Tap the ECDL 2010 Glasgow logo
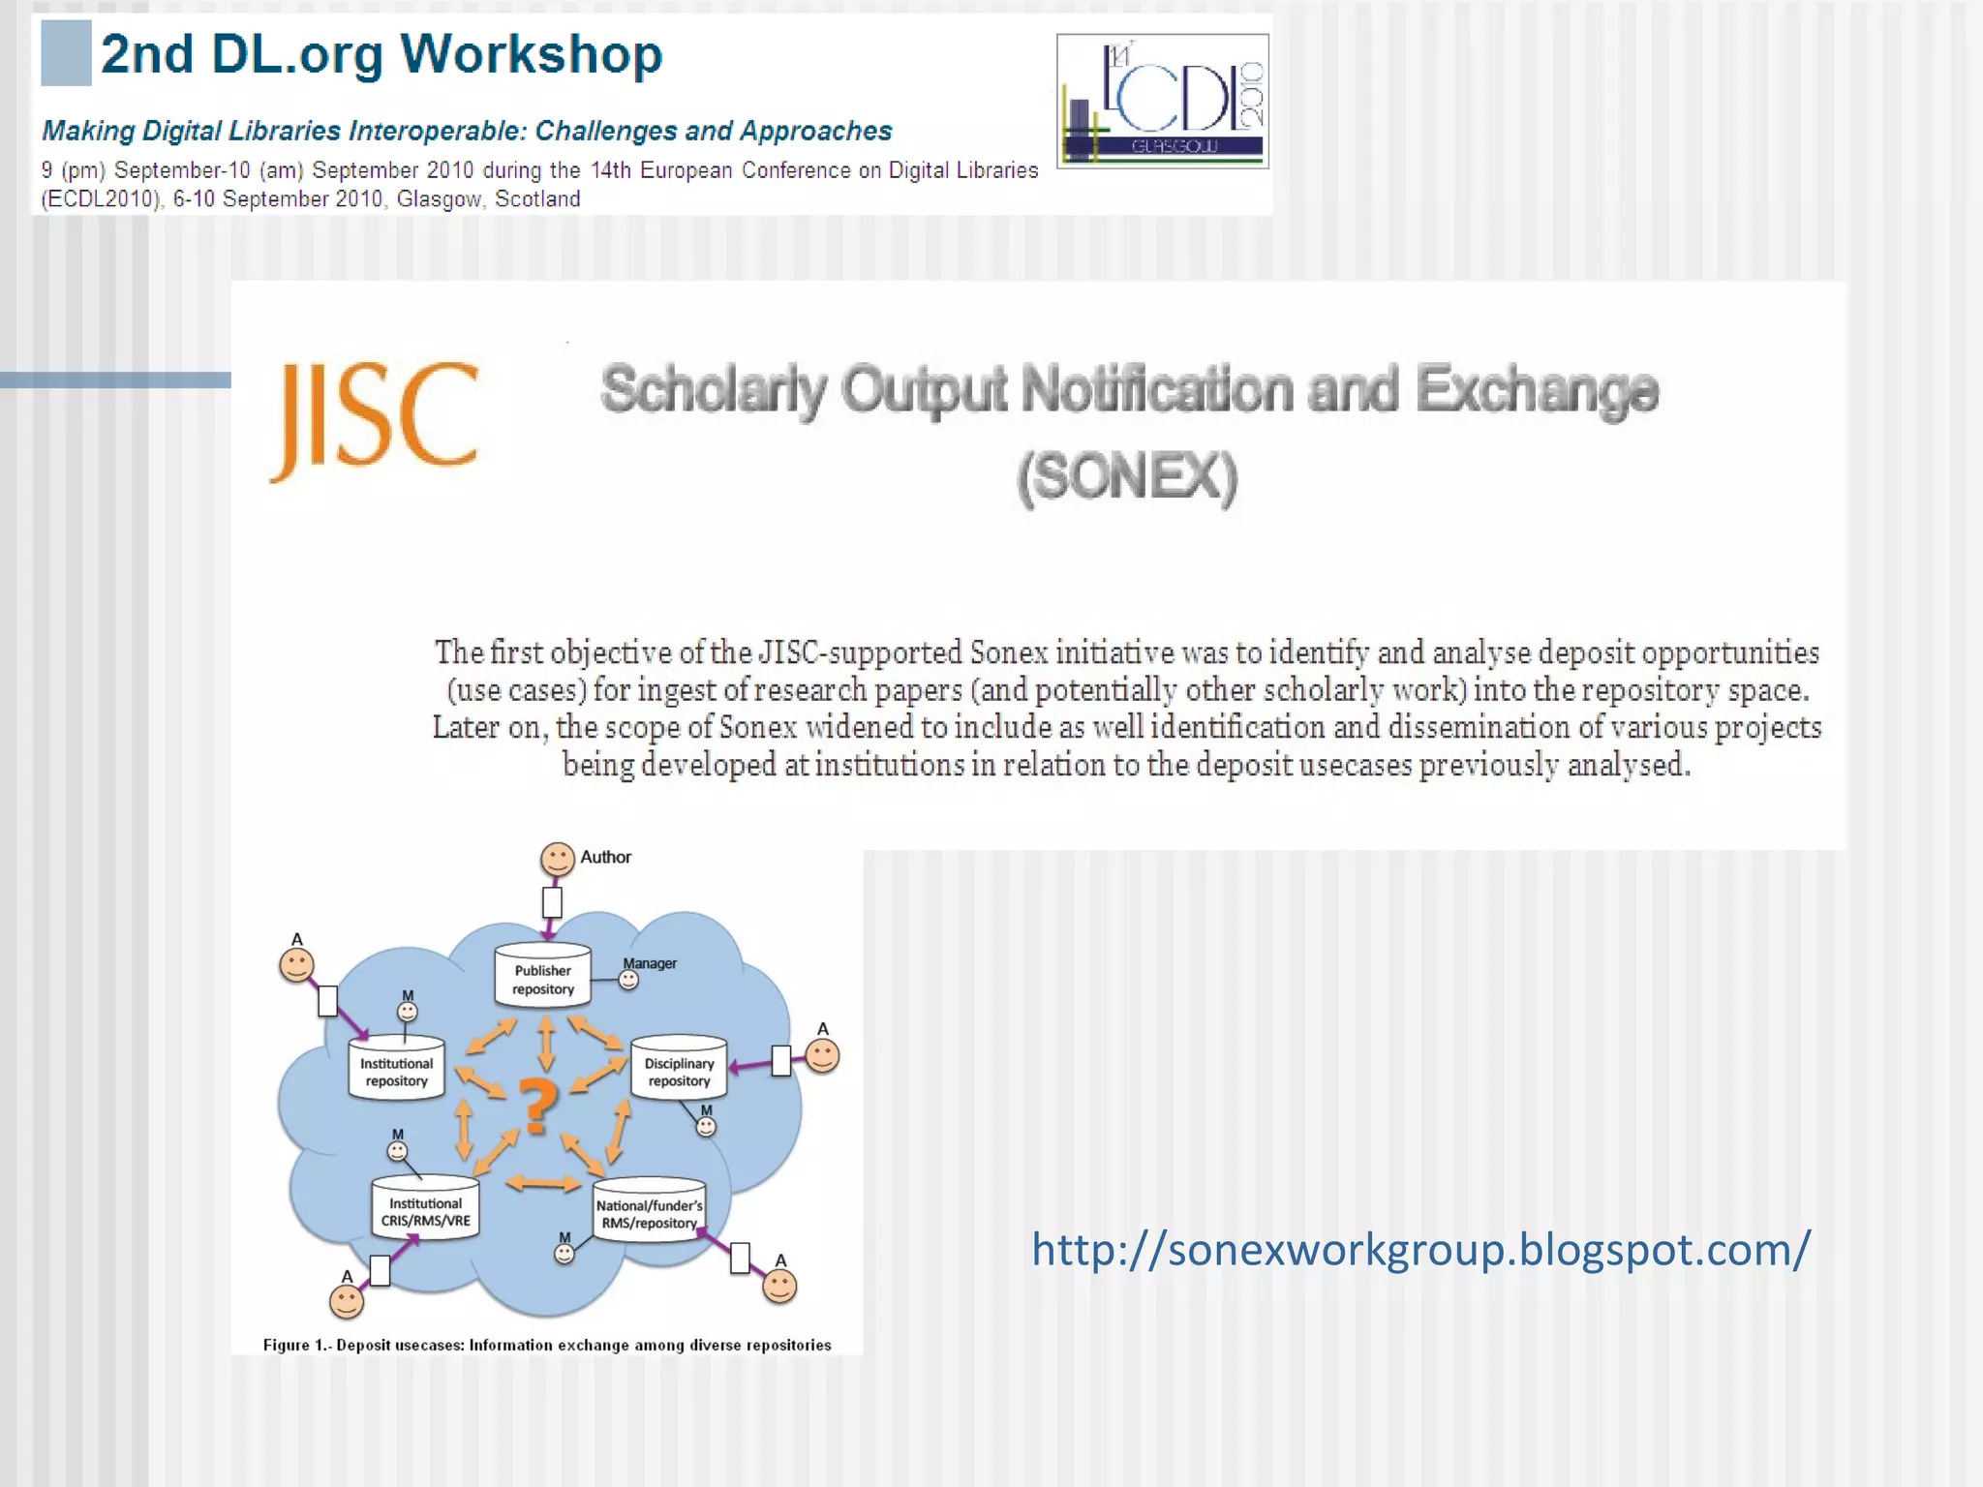[1162, 101]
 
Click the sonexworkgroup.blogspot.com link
[1419, 1249]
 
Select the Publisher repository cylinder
[542, 977]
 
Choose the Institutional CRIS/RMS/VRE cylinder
[425, 1210]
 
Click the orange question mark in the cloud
[538, 1106]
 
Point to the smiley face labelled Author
[558, 859]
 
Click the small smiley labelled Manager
[629, 981]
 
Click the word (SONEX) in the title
[1127, 476]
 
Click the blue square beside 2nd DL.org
[66, 54]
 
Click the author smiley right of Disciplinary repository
[823, 1056]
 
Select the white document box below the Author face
[552, 902]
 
